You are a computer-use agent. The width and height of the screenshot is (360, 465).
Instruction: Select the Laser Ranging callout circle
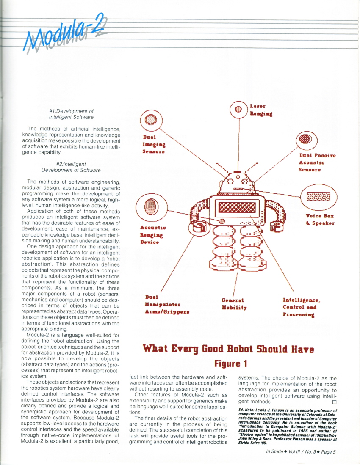click(238, 109)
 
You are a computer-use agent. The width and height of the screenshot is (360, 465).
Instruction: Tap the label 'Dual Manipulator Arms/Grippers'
click(166, 304)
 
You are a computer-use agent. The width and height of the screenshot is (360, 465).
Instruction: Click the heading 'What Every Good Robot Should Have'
click(228, 349)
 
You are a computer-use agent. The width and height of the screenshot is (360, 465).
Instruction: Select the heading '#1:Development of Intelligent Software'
click(71, 114)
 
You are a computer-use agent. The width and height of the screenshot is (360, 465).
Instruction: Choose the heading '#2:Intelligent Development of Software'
click(71, 167)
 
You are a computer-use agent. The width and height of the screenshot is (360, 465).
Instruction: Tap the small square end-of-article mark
click(334, 402)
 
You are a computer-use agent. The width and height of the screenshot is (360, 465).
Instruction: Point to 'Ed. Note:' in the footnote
click(248, 410)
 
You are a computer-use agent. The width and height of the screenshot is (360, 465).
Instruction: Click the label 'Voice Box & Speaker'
click(320, 219)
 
